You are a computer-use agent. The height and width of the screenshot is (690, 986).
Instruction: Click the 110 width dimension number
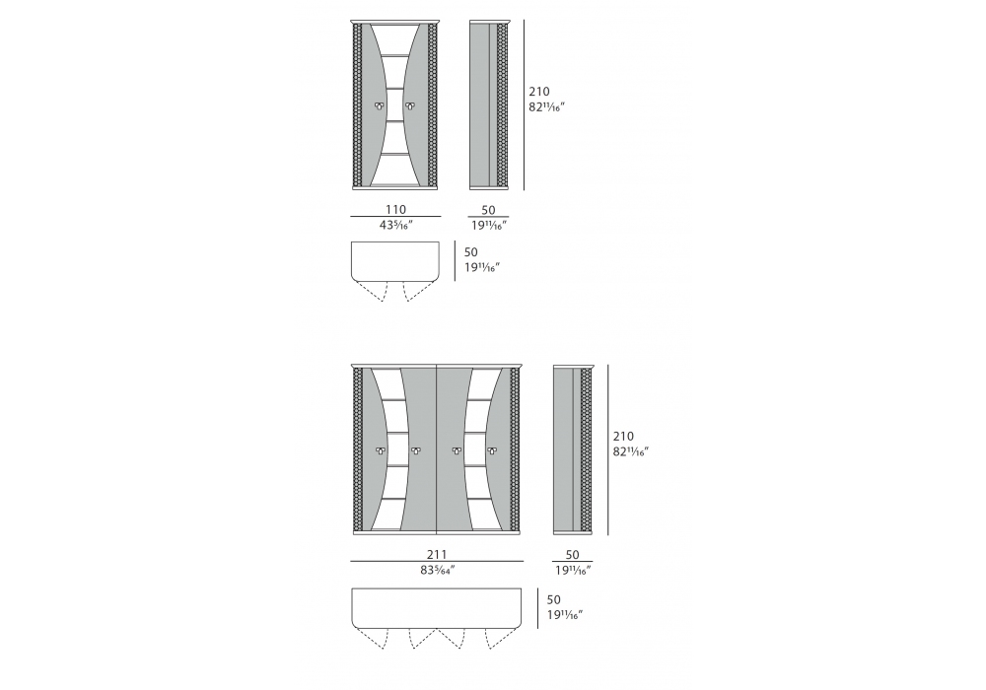(x=395, y=209)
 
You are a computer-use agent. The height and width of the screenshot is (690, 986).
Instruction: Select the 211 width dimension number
(x=437, y=554)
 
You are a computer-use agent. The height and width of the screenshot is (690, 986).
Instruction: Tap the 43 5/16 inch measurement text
(x=395, y=225)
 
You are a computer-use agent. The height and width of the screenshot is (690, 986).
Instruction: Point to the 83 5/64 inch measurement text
(x=437, y=570)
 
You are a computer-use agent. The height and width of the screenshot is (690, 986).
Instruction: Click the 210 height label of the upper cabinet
(x=539, y=92)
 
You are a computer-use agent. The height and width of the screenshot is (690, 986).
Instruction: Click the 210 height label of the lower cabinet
(x=623, y=436)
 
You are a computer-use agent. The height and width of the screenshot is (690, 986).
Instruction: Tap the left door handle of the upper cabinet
(x=380, y=104)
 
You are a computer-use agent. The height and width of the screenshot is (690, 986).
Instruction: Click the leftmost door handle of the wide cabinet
(x=380, y=449)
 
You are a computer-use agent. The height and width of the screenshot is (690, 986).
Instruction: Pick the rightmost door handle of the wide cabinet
(x=491, y=449)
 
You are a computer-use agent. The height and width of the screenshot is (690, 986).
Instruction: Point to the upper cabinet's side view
(x=488, y=104)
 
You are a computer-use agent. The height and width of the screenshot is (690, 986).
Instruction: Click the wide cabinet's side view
(x=573, y=449)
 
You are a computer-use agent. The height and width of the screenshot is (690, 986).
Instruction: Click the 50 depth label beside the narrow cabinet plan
(x=471, y=252)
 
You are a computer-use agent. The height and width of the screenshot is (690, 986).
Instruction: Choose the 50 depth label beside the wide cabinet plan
(x=554, y=599)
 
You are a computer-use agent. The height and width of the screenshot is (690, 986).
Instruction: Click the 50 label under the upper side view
(x=488, y=210)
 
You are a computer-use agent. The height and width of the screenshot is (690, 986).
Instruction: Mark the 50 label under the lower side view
(x=572, y=555)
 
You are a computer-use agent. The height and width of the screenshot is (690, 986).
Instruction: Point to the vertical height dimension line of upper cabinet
(x=524, y=104)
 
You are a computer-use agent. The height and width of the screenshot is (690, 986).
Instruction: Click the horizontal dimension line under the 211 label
(x=437, y=561)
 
